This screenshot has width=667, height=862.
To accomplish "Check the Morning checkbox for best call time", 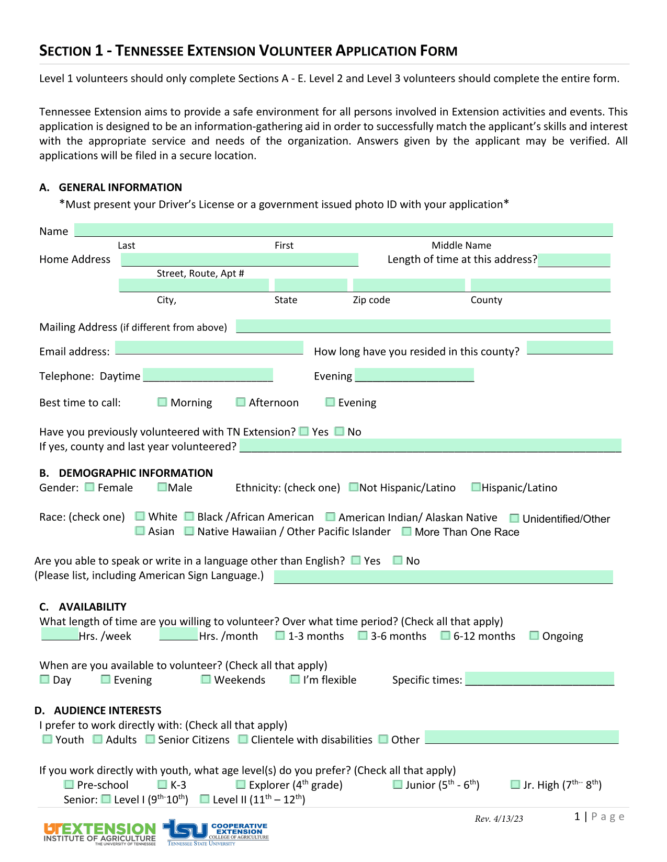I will point(162,402).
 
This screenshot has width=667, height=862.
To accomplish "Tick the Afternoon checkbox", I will point(241,402).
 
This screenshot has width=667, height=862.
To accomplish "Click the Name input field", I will point(343,230).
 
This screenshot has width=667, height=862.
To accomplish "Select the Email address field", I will point(209,348).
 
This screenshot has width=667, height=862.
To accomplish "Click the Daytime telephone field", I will point(208,375).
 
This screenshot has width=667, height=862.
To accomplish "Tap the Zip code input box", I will point(409,285).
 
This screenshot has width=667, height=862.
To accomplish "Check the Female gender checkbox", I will point(90,487).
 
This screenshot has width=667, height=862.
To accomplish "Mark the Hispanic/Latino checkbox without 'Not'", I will point(476,487).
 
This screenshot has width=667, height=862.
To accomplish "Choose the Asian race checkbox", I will point(140,531).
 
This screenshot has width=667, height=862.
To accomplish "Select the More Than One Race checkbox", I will point(406,532).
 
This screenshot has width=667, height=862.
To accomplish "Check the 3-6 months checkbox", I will point(363,636).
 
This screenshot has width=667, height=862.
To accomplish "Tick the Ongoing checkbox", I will point(534,636).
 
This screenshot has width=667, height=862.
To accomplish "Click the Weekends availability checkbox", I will point(206,680).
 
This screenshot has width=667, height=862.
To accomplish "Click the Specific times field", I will point(539,679).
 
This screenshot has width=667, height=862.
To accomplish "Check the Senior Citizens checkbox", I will point(150,739).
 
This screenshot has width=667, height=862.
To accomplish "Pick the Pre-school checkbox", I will point(69,785).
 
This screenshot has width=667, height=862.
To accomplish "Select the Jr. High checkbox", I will point(515,785).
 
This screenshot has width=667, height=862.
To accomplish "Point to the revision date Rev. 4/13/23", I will point(499,819).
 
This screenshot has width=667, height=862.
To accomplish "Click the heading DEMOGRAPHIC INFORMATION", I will point(135,473).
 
